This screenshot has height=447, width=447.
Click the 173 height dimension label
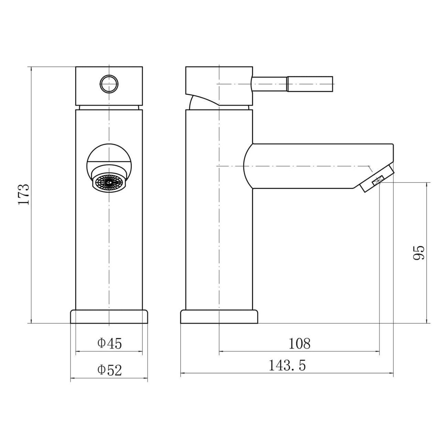(x=23, y=194)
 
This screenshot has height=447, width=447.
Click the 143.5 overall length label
(x=287, y=365)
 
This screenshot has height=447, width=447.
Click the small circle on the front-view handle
(x=109, y=84)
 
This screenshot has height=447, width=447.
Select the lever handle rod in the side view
(x=292, y=84)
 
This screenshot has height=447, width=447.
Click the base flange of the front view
(x=109, y=317)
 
